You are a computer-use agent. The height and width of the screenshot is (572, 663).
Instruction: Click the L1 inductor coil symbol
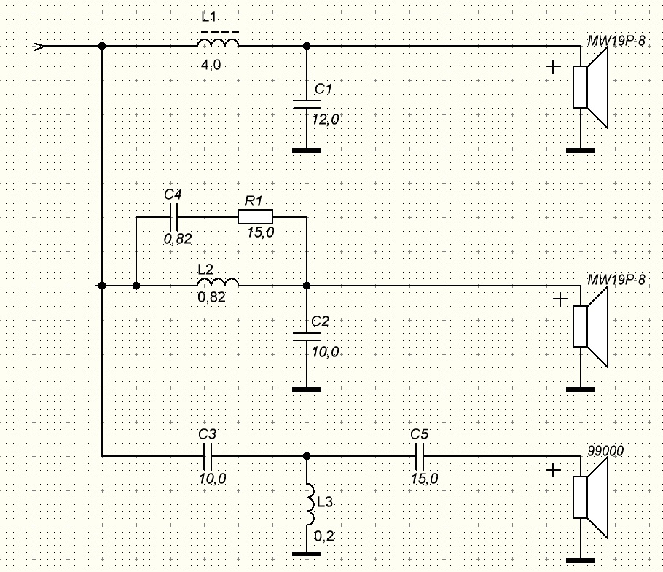point(218,42)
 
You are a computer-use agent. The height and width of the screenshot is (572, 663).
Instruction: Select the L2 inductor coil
point(218,282)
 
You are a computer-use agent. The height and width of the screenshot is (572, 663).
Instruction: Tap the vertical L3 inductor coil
point(311,504)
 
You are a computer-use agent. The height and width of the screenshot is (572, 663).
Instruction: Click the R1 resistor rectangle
point(256,216)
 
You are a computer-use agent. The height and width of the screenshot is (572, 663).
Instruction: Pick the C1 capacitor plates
point(307,104)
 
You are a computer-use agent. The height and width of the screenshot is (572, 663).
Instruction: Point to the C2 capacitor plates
point(307,337)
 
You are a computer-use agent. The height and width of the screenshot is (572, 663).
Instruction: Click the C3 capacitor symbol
point(208,456)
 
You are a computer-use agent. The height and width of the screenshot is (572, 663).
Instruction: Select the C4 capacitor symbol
point(174,217)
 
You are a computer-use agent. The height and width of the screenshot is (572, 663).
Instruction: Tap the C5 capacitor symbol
point(420,456)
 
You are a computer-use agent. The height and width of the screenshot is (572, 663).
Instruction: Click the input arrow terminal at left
point(39,46)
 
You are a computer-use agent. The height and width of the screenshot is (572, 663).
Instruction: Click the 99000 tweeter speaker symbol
point(590,497)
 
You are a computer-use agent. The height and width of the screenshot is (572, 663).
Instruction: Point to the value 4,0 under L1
point(211,65)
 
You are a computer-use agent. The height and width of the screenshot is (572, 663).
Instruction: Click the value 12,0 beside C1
point(326,120)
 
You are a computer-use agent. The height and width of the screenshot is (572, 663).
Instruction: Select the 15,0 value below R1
point(261,232)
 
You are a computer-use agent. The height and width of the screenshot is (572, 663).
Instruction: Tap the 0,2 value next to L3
point(324,536)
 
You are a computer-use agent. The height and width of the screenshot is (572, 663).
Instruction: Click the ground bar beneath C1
point(307,150)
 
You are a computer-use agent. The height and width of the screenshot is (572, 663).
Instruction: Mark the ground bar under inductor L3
point(307,553)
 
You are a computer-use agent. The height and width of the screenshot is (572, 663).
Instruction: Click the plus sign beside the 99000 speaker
point(554,470)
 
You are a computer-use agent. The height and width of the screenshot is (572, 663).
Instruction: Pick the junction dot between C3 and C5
point(307,456)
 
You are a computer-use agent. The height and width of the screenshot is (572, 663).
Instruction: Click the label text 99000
point(605,451)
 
